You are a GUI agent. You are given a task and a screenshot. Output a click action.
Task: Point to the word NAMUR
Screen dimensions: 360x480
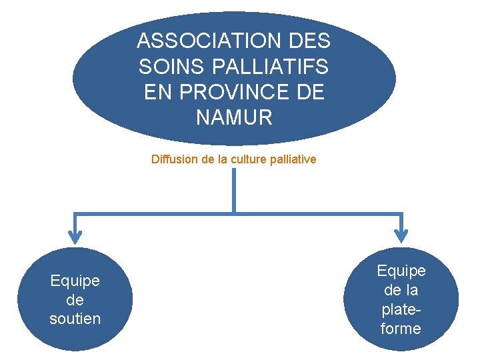click(234, 118)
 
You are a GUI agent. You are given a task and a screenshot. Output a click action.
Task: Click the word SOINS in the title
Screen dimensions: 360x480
click(164, 67)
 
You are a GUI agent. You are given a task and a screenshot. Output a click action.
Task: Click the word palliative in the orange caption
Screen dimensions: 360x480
click(294, 159)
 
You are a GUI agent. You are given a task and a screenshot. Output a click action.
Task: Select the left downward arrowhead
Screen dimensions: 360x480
click(75, 235)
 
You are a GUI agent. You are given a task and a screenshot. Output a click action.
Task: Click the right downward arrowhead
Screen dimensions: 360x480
click(401, 235)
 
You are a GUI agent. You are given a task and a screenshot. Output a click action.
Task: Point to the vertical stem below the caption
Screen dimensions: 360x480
click(234, 190)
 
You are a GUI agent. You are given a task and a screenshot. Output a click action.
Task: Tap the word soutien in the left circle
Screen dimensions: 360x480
click(75, 319)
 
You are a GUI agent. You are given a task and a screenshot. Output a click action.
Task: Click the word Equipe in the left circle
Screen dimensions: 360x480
click(75, 281)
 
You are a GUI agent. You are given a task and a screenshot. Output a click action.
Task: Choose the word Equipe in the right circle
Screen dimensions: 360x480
click(401, 271)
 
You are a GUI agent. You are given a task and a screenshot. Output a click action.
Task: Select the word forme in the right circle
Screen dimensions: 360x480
click(401, 328)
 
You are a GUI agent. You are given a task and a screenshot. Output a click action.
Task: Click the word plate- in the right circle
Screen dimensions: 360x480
click(401, 309)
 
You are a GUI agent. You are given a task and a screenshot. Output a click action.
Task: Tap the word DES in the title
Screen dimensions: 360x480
click(311, 41)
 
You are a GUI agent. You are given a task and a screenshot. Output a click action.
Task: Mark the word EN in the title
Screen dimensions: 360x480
click(158, 93)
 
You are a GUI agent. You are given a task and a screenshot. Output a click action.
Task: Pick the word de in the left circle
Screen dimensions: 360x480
click(75, 300)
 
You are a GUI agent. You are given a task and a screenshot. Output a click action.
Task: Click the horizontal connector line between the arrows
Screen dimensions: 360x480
click(153, 213)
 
